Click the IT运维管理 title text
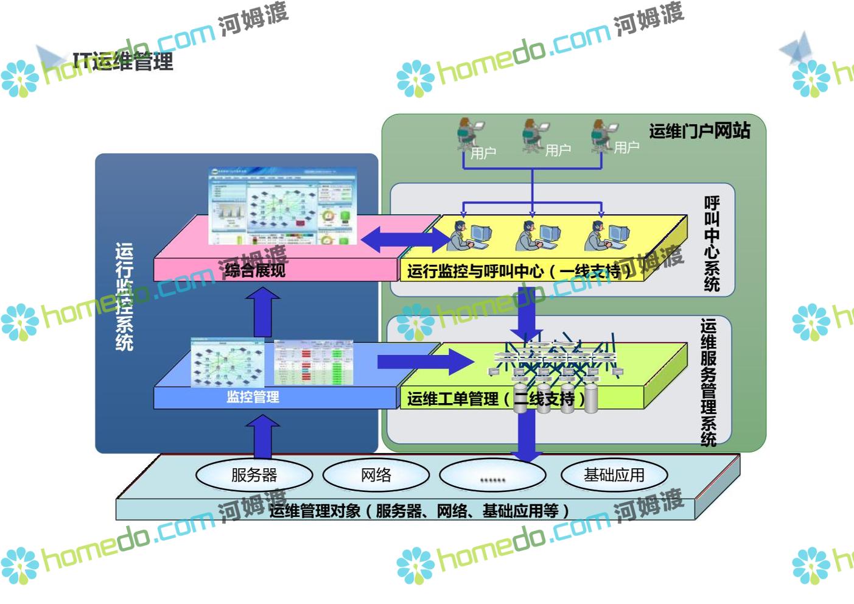[x=123, y=61]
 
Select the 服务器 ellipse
[x=254, y=475]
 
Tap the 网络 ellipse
[x=376, y=475]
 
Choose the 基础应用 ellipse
[x=614, y=475]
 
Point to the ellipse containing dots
[x=492, y=476]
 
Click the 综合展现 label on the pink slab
[x=255, y=270]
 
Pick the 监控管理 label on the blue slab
[x=253, y=397]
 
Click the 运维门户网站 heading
[x=699, y=130]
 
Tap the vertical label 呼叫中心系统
[x=712, y=243]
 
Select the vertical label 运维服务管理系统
[x=709, y=382]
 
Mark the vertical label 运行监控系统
[x=124, y=297]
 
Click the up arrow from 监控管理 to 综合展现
[x=263, y=312]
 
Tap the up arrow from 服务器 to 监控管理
[x=263, y=436]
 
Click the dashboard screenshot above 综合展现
[x=281, y=206]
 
